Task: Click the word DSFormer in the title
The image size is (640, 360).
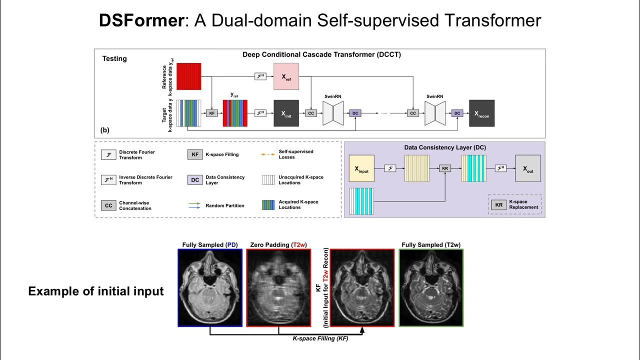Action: (141, 20)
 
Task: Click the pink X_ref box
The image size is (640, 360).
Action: (286, 76)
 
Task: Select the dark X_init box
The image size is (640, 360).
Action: (286, 113)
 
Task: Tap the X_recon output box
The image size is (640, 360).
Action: (481, 113)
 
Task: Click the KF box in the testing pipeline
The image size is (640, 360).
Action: (212, 113)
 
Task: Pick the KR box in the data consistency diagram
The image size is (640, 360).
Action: (445, 168)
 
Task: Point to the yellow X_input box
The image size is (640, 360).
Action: (361, 168)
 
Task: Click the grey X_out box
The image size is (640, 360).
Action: (528, 168)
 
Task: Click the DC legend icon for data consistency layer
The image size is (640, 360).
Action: (194, 180)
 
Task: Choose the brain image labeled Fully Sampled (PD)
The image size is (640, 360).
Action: (210, 288)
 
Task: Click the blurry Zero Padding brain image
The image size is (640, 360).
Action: (278, 288)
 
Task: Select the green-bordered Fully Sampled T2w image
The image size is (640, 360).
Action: (431, 288)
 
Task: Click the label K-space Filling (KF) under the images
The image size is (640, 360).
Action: (321, 338)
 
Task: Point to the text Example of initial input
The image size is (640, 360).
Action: (96, 291)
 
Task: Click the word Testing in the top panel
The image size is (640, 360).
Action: (114, 58)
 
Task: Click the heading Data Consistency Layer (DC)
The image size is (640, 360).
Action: (445, 147)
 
